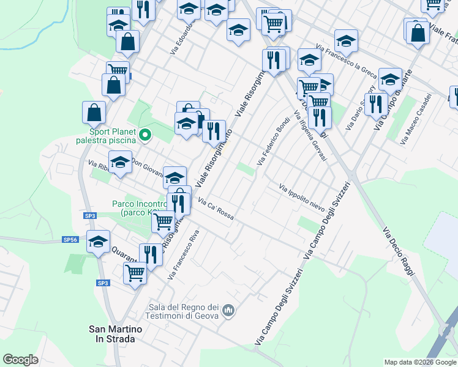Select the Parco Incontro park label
pyautogui.click(x=139, y=208)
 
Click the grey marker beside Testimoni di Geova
pyautogui.click(x=229, y=311)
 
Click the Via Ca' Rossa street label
pyautogui.click(x=216, y=211)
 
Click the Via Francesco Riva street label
pyautogui.click(x=186, y=255)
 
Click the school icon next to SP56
pyautogui.click(x=99, y=242)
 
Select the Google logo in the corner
pyautogui.click(x=20, y=360)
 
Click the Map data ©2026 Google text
pyautogui.click(x=420, y=362)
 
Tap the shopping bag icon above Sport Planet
pyautogui.click(x=94, y=113)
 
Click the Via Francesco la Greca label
pyautogui.click(x=346, y=60)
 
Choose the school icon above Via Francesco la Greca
pyautogui.click(x=346, y=40)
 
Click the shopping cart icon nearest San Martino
pyautogui.click(x=135, y=272)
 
